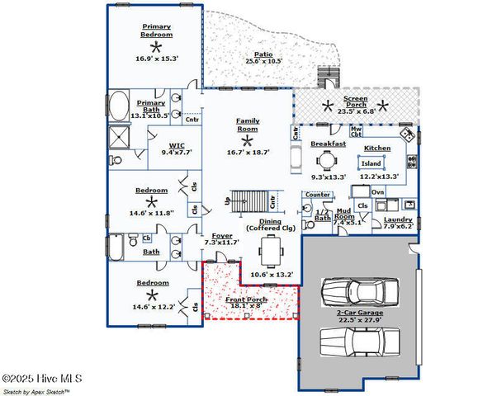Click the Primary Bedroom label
click(x=157, y=31)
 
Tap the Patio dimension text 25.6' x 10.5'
click(x=264, y=61)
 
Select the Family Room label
click(x=248, y=124)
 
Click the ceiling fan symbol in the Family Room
click(x=246, y=141)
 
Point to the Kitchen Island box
click(x=372, y=163)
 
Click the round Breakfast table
click(x=329, y=161)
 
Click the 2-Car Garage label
click(x=360, y=314)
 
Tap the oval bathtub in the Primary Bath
click(x=118, y=107)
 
